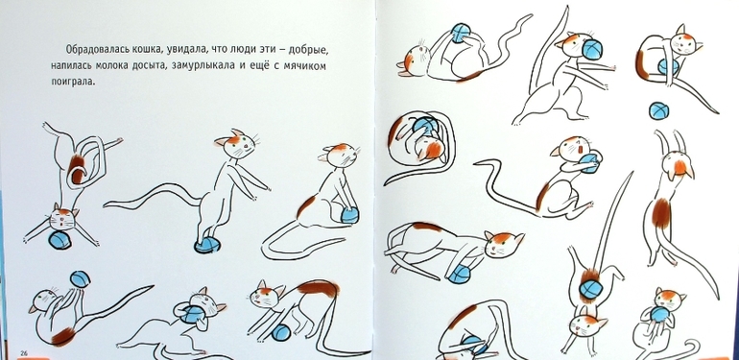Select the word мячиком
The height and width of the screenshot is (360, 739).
[x=305, y=66]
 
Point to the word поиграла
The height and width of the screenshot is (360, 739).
[x=73, y=82]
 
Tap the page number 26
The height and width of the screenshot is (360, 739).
[x=24, y=353]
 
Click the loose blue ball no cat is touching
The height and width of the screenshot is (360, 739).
[x=658, y=110]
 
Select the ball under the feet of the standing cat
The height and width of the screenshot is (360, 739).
[x=206, y=245]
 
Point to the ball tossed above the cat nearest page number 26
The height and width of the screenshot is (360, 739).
[x=80, y=278]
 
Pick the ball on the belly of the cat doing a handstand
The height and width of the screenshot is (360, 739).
[x=589, y=288]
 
